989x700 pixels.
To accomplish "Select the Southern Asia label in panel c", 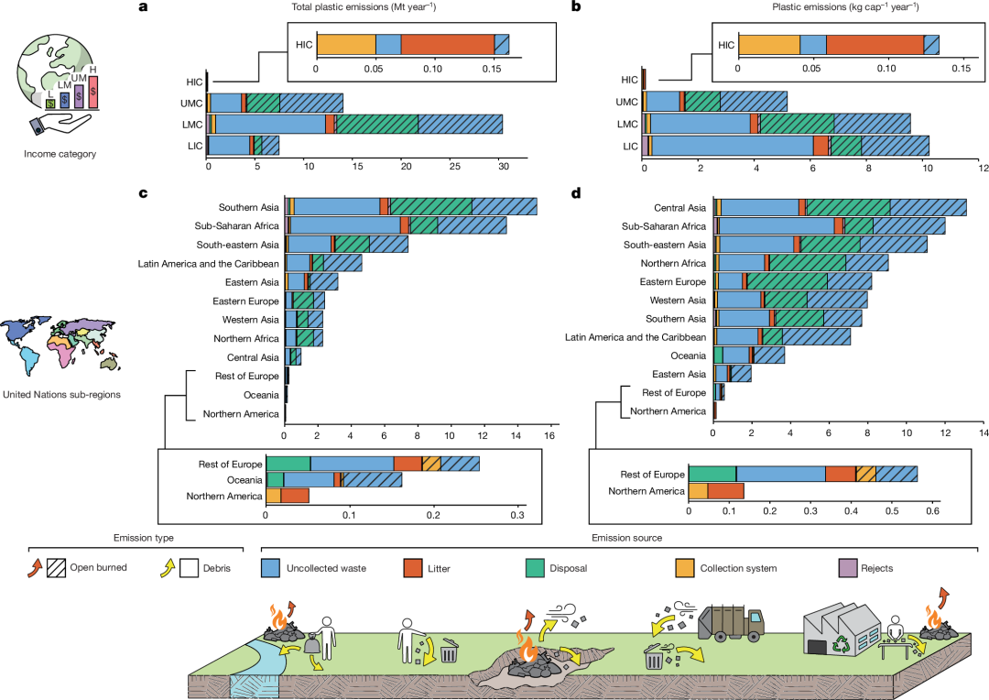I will point(249,207).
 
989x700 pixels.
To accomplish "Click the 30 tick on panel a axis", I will point(503,168).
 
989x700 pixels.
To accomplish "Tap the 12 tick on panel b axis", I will point(983,168).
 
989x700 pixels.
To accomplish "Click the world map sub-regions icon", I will point(60,343).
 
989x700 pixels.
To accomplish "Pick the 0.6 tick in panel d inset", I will point(934,511).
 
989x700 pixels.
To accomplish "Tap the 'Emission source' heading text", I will point(625,538).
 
